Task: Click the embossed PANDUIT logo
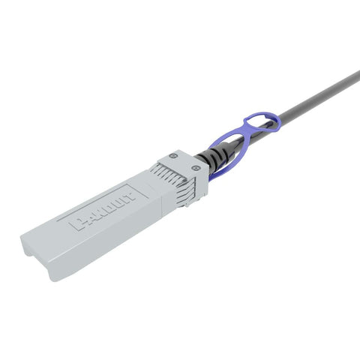pyautogui.click(x=105, y=210)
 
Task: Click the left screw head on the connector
pyautogui.click(x=173, y=156)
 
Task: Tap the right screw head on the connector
pyautogui.click(x=196, y=169)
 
